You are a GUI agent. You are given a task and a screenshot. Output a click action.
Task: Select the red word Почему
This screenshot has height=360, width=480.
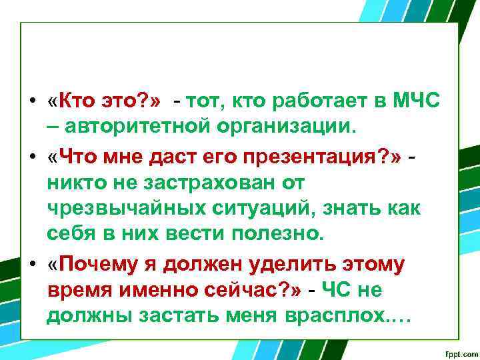[99, 264]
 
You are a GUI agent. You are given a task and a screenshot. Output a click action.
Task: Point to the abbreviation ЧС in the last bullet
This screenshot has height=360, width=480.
[337, 291]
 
